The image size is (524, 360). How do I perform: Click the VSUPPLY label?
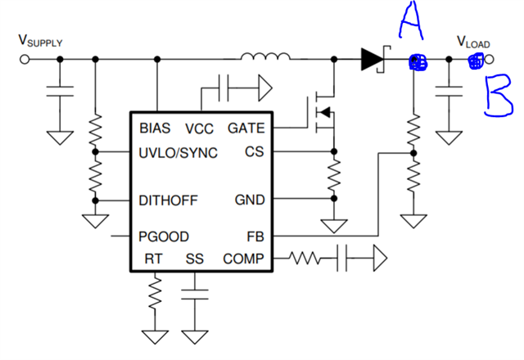(40, 40)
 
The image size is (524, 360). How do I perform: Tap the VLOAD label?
(473, 42)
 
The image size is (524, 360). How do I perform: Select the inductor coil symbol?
(265, 56)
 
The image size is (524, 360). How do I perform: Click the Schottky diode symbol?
(376, 59)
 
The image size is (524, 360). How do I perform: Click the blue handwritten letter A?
(411, 20)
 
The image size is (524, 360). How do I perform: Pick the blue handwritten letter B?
(499, 96)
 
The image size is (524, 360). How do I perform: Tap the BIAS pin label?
(155, 128)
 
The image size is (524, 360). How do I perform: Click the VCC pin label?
(199, 128)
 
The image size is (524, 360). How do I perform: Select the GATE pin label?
(246, 128)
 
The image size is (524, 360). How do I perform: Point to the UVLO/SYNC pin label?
(178, 153)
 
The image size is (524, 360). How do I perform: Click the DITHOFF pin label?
(168, 200)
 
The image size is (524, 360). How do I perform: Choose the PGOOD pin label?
(164, 236)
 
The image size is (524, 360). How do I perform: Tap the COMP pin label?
(243, 259)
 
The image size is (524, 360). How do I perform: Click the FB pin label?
(255, 236)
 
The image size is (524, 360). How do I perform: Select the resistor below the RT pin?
(155, 293)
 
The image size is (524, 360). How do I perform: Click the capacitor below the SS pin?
(195, 295)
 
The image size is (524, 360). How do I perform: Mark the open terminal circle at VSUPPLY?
(25, 60)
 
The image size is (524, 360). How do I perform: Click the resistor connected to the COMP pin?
(304, 259)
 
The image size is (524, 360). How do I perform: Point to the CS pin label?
(255, 151)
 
